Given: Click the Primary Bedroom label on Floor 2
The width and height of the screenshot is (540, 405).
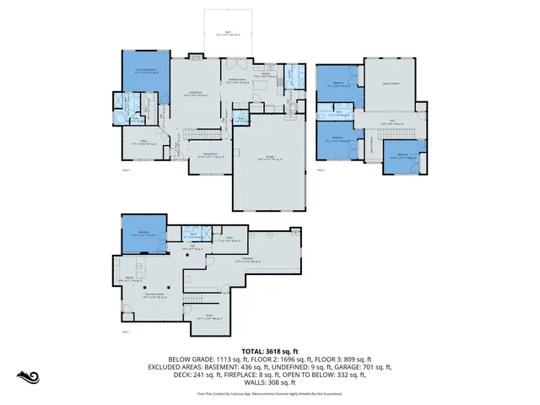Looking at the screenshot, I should coord(144,71).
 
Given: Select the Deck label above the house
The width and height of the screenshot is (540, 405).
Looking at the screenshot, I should coord(227,34).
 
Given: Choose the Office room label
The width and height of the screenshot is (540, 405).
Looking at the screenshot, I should coord(141,143).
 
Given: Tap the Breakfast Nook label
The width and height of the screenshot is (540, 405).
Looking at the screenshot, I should coord(240,82).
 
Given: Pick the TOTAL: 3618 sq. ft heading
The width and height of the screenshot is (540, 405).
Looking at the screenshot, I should coord(269,350).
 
